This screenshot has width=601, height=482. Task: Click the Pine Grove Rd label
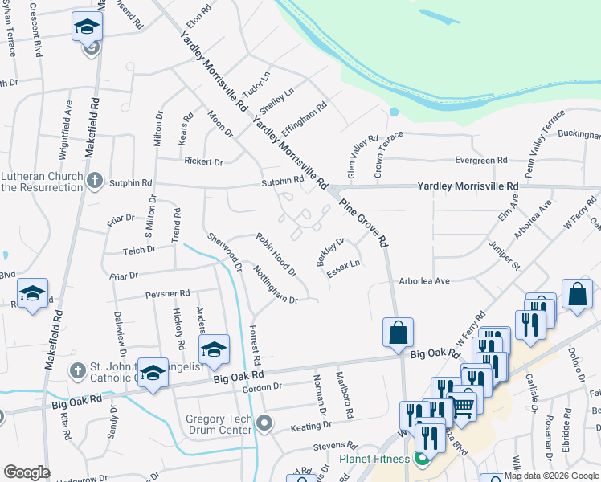pos(364,223)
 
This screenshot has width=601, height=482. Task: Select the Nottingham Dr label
pos(276,284)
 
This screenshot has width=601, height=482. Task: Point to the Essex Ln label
pos(343,269)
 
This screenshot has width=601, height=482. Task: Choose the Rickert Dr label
pos(203,162)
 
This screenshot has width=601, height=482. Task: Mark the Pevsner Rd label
pos(167,294)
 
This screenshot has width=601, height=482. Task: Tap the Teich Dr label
pos(138,251)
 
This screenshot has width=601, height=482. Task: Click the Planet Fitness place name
pos(374,460)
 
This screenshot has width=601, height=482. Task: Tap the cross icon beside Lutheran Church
pos(94,181)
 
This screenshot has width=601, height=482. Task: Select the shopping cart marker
pos(462,406)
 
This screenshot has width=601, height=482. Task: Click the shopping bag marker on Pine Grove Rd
pos(398,332)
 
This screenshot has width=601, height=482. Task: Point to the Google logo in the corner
pos(27,472)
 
